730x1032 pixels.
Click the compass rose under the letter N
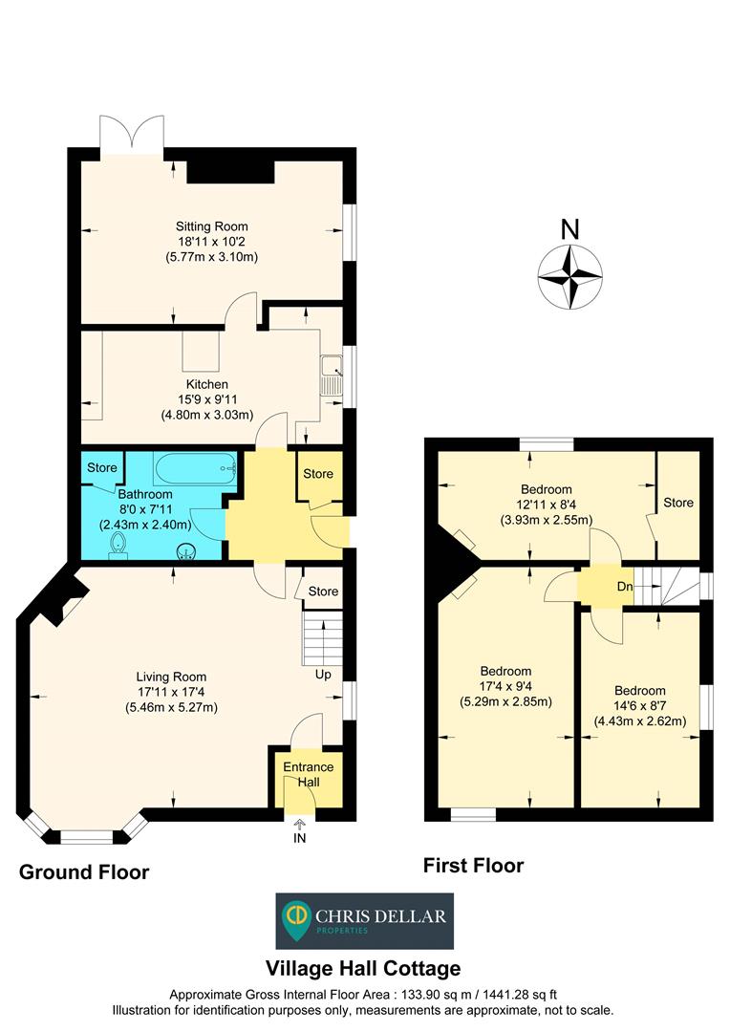(569, 277)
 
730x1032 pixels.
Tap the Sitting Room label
(211, 226)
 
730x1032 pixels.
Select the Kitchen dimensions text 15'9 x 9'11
(207, 399)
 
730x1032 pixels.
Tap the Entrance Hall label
(307, 774)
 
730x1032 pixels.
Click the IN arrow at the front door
(300, 826)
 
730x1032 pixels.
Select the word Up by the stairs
(324, 675)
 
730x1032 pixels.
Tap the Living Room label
(171, 677)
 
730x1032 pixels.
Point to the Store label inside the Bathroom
(102, 468)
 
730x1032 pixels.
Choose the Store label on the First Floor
(678, 503)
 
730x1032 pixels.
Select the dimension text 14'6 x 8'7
(640, 706)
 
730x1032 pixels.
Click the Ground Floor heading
(84, 871)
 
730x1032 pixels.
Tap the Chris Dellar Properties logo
(365, 921)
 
